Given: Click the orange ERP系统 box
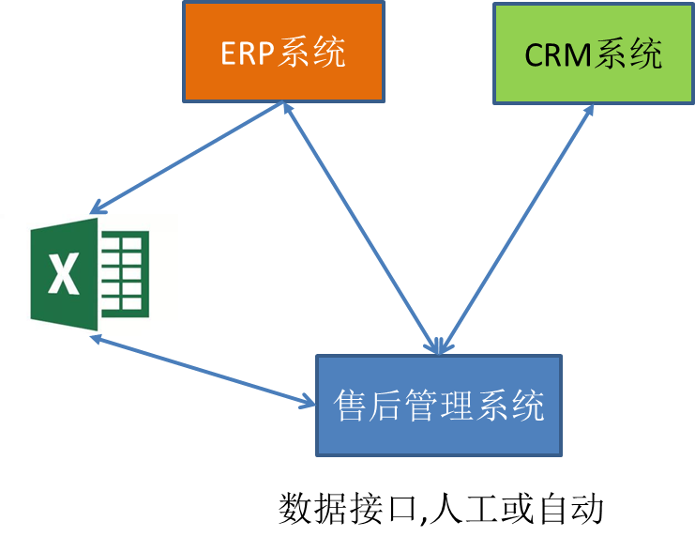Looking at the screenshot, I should (x=283, y=52).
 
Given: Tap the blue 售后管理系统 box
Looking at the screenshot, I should (x=439, y=406).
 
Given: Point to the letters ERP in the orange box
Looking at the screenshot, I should (x=249, y=54).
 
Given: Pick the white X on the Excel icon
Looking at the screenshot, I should (x=63, y=275).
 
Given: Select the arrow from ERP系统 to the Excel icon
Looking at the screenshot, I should (x=188, y=158).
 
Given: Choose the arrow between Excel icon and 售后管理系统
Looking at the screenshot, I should (x=202, y=372).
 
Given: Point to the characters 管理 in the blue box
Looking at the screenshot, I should (x=439, y=406).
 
